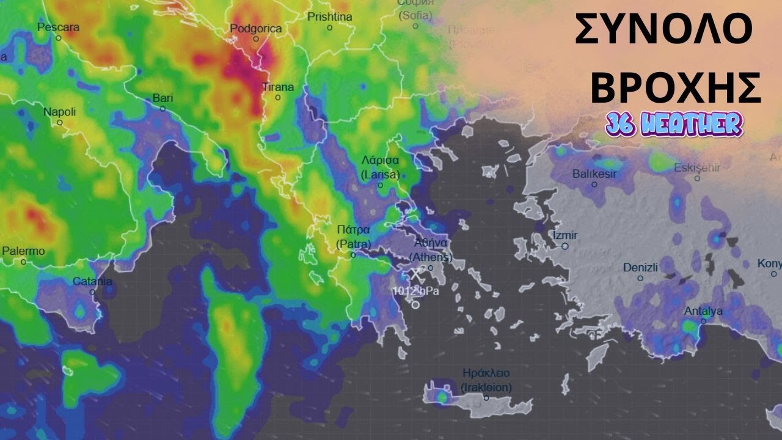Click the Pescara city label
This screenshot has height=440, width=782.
click(59, 28)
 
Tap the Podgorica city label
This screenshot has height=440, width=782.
click(256, 29)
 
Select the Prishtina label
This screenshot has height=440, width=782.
click(329, 17)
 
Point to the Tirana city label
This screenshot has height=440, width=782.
click(278, 87)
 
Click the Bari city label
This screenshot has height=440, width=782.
click(163, 98)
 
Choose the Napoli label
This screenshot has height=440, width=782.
click(59, 112)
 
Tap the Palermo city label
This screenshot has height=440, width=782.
click(23, 251)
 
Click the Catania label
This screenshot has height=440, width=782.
click(92, 282)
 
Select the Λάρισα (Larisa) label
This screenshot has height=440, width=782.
click(380, 167)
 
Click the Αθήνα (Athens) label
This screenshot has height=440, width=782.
click(431, 249)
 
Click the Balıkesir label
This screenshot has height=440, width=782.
click(594, 174)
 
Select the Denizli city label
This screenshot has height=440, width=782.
click(640, 268)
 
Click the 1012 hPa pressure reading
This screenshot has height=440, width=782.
click(416, 291)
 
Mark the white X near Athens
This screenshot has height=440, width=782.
click(416, 274)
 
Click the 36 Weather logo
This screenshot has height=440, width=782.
click(674, 124)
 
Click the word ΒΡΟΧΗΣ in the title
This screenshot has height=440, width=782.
click(675, 87)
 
